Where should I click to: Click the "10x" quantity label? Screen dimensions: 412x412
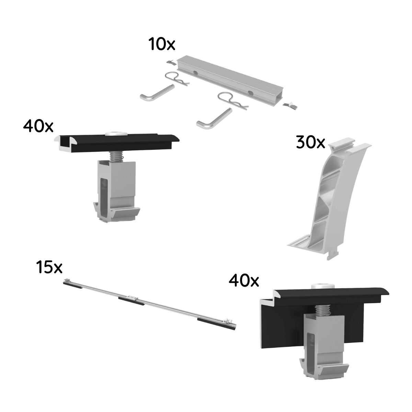point(161,45)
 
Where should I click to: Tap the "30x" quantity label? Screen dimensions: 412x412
point(310,143)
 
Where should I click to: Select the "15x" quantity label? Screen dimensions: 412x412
point(49,267)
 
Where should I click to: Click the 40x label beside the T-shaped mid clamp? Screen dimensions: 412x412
point(38,126)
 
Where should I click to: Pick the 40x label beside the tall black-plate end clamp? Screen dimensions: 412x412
point(244,281)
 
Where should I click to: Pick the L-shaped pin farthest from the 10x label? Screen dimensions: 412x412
point(213,119)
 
